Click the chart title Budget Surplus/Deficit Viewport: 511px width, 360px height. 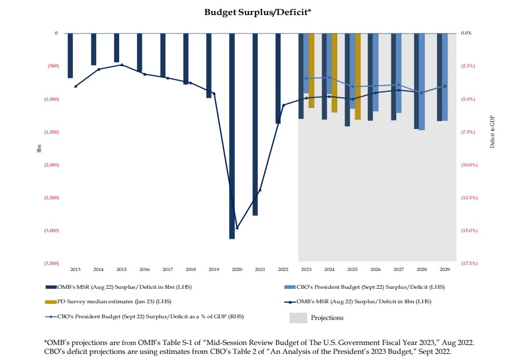point(255,11)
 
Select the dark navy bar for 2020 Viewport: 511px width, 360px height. point(232,136)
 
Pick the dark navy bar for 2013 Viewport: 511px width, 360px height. point(71,56)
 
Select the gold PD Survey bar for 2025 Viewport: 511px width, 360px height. point(358,76)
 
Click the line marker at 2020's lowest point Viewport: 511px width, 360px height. point(237,228)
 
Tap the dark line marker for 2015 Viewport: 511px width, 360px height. point(122,65)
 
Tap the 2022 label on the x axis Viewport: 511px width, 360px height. point(283,269)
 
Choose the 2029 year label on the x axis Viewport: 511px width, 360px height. point(445,269)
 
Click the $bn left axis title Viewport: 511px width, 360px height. point(39,148)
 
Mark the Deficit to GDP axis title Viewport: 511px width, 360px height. point(492,132)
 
